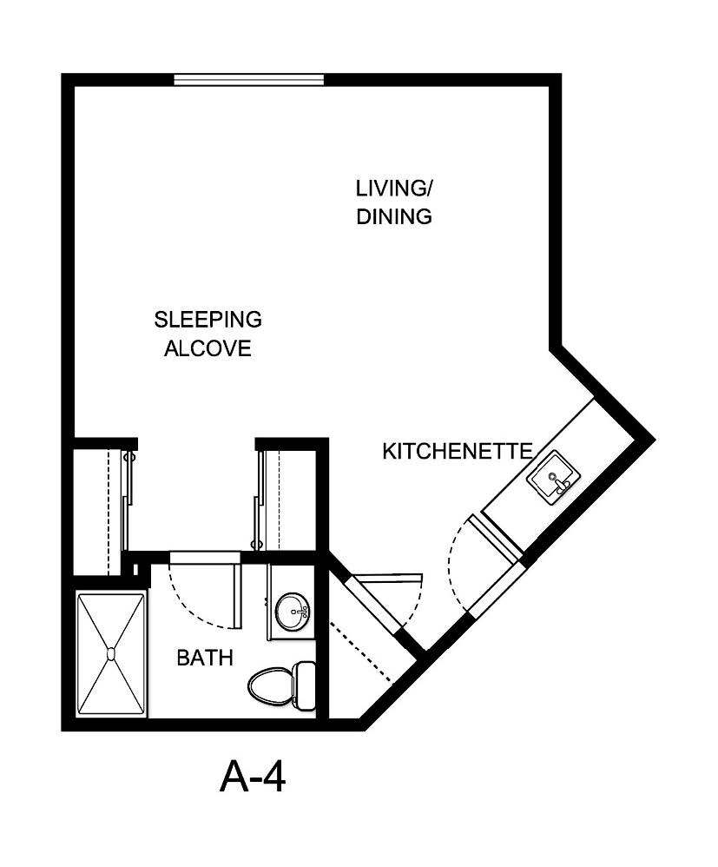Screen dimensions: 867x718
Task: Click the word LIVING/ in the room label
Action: tap(393, 188)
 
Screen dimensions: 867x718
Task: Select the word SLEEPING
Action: tap(207, 320)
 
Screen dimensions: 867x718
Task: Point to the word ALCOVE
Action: tap(207, 349)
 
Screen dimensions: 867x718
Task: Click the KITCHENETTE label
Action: tap(457, 452)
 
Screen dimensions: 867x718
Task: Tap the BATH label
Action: tap(205, 659)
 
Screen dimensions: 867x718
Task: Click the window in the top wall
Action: tap(248, 80)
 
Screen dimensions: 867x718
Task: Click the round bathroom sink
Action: tap(292, 613)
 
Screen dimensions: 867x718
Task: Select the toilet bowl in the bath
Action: tap(270, 685)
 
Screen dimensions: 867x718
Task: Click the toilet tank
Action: tap(305, 684)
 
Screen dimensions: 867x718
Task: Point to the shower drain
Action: tap(111, 652)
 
